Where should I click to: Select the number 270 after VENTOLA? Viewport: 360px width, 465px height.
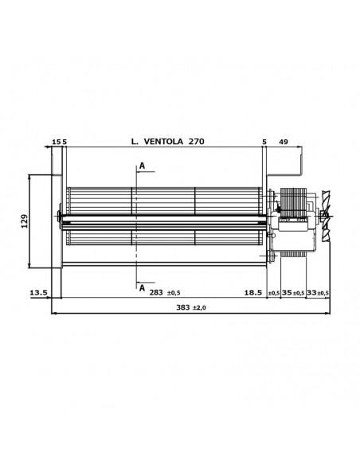(196, 142)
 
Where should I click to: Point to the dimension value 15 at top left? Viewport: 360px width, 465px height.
(55, 142)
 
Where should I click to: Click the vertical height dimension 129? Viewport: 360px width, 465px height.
(25, 219)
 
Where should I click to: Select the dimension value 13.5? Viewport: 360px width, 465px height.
(38, 293)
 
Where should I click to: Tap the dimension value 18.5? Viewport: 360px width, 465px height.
(252, 293)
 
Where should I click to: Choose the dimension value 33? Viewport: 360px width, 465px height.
(311, 293)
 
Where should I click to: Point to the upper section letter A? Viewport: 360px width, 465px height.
(142, 165)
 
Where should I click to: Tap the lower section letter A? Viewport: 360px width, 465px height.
(142, 287)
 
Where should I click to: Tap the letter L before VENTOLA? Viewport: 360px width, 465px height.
(133, 142)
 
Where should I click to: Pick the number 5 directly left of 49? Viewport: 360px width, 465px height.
(264, 142)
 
